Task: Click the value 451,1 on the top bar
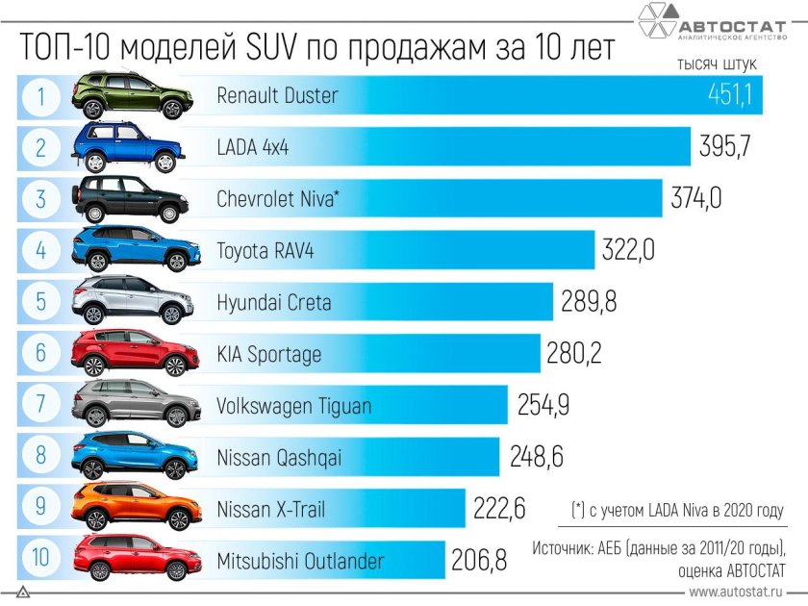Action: point(728,95)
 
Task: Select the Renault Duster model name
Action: point(277,95)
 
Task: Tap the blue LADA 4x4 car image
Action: point(133,147)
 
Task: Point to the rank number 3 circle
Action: point(41,199)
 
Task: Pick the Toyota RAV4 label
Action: point(265,251)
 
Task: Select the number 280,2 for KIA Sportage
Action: point(574,353)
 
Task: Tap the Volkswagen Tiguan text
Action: point(293,406)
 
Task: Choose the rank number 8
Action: point(41,456)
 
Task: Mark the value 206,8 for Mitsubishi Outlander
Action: point(479,561)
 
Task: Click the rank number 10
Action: point(41,561)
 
